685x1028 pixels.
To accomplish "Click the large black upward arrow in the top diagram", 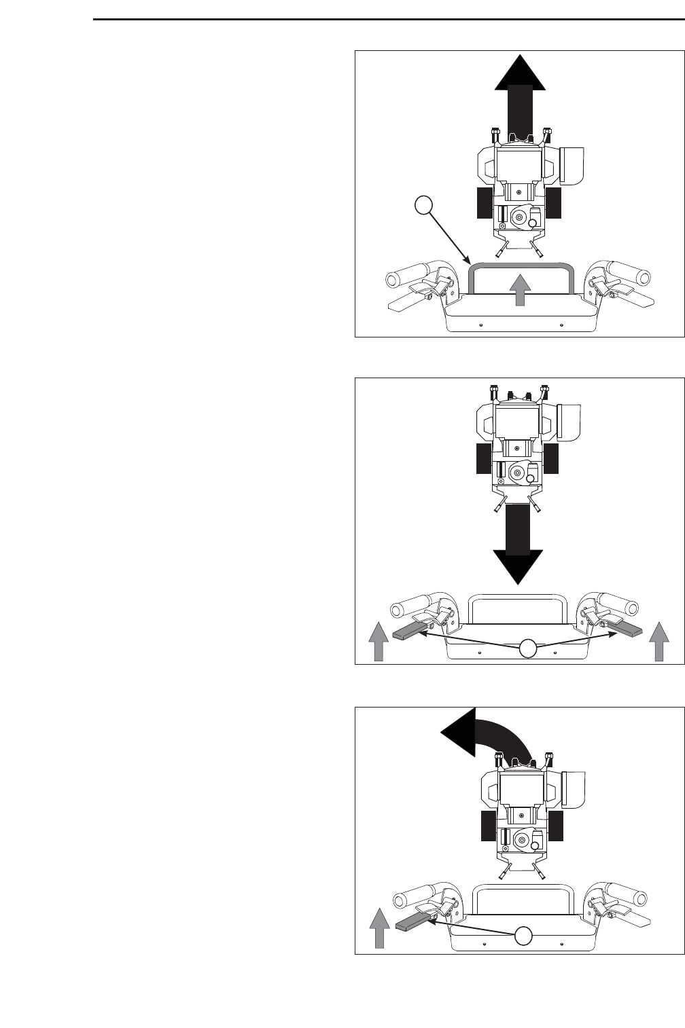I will coord(520,95).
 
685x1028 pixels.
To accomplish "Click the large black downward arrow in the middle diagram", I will coord(519,543).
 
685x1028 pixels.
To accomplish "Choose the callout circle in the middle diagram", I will coord(528,649).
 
